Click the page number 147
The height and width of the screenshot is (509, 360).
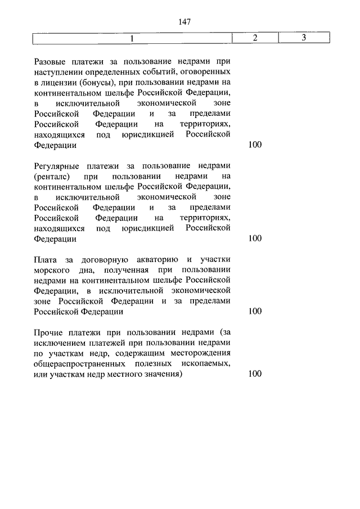point(184,22)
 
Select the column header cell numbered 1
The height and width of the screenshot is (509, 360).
point(132,38)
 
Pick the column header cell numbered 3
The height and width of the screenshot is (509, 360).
point(303,38)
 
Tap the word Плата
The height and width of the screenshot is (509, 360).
point(44,259)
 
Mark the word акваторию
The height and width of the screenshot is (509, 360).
point(157,259)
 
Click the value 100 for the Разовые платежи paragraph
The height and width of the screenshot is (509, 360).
point(255,145)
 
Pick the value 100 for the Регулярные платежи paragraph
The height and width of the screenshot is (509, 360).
point(255,238)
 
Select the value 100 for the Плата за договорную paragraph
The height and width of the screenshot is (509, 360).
point(255,311)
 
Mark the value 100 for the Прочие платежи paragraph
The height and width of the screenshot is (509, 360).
point(255,374)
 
